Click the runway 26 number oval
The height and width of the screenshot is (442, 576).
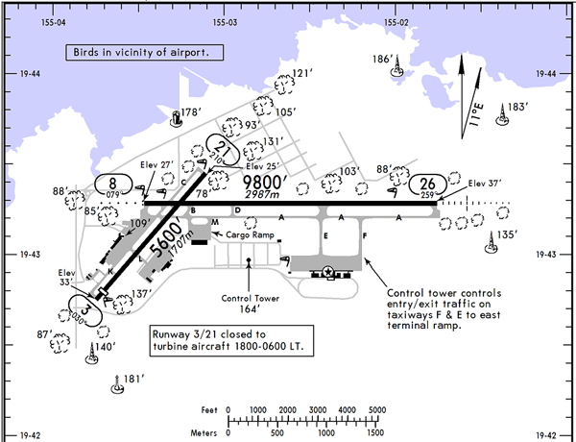[x=429, y=184]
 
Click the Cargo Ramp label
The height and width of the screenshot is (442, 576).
[x=245, y=234]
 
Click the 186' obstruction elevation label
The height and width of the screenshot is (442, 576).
[x=384, y=60]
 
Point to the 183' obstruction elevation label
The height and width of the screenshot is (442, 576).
[x=518, y=108]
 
